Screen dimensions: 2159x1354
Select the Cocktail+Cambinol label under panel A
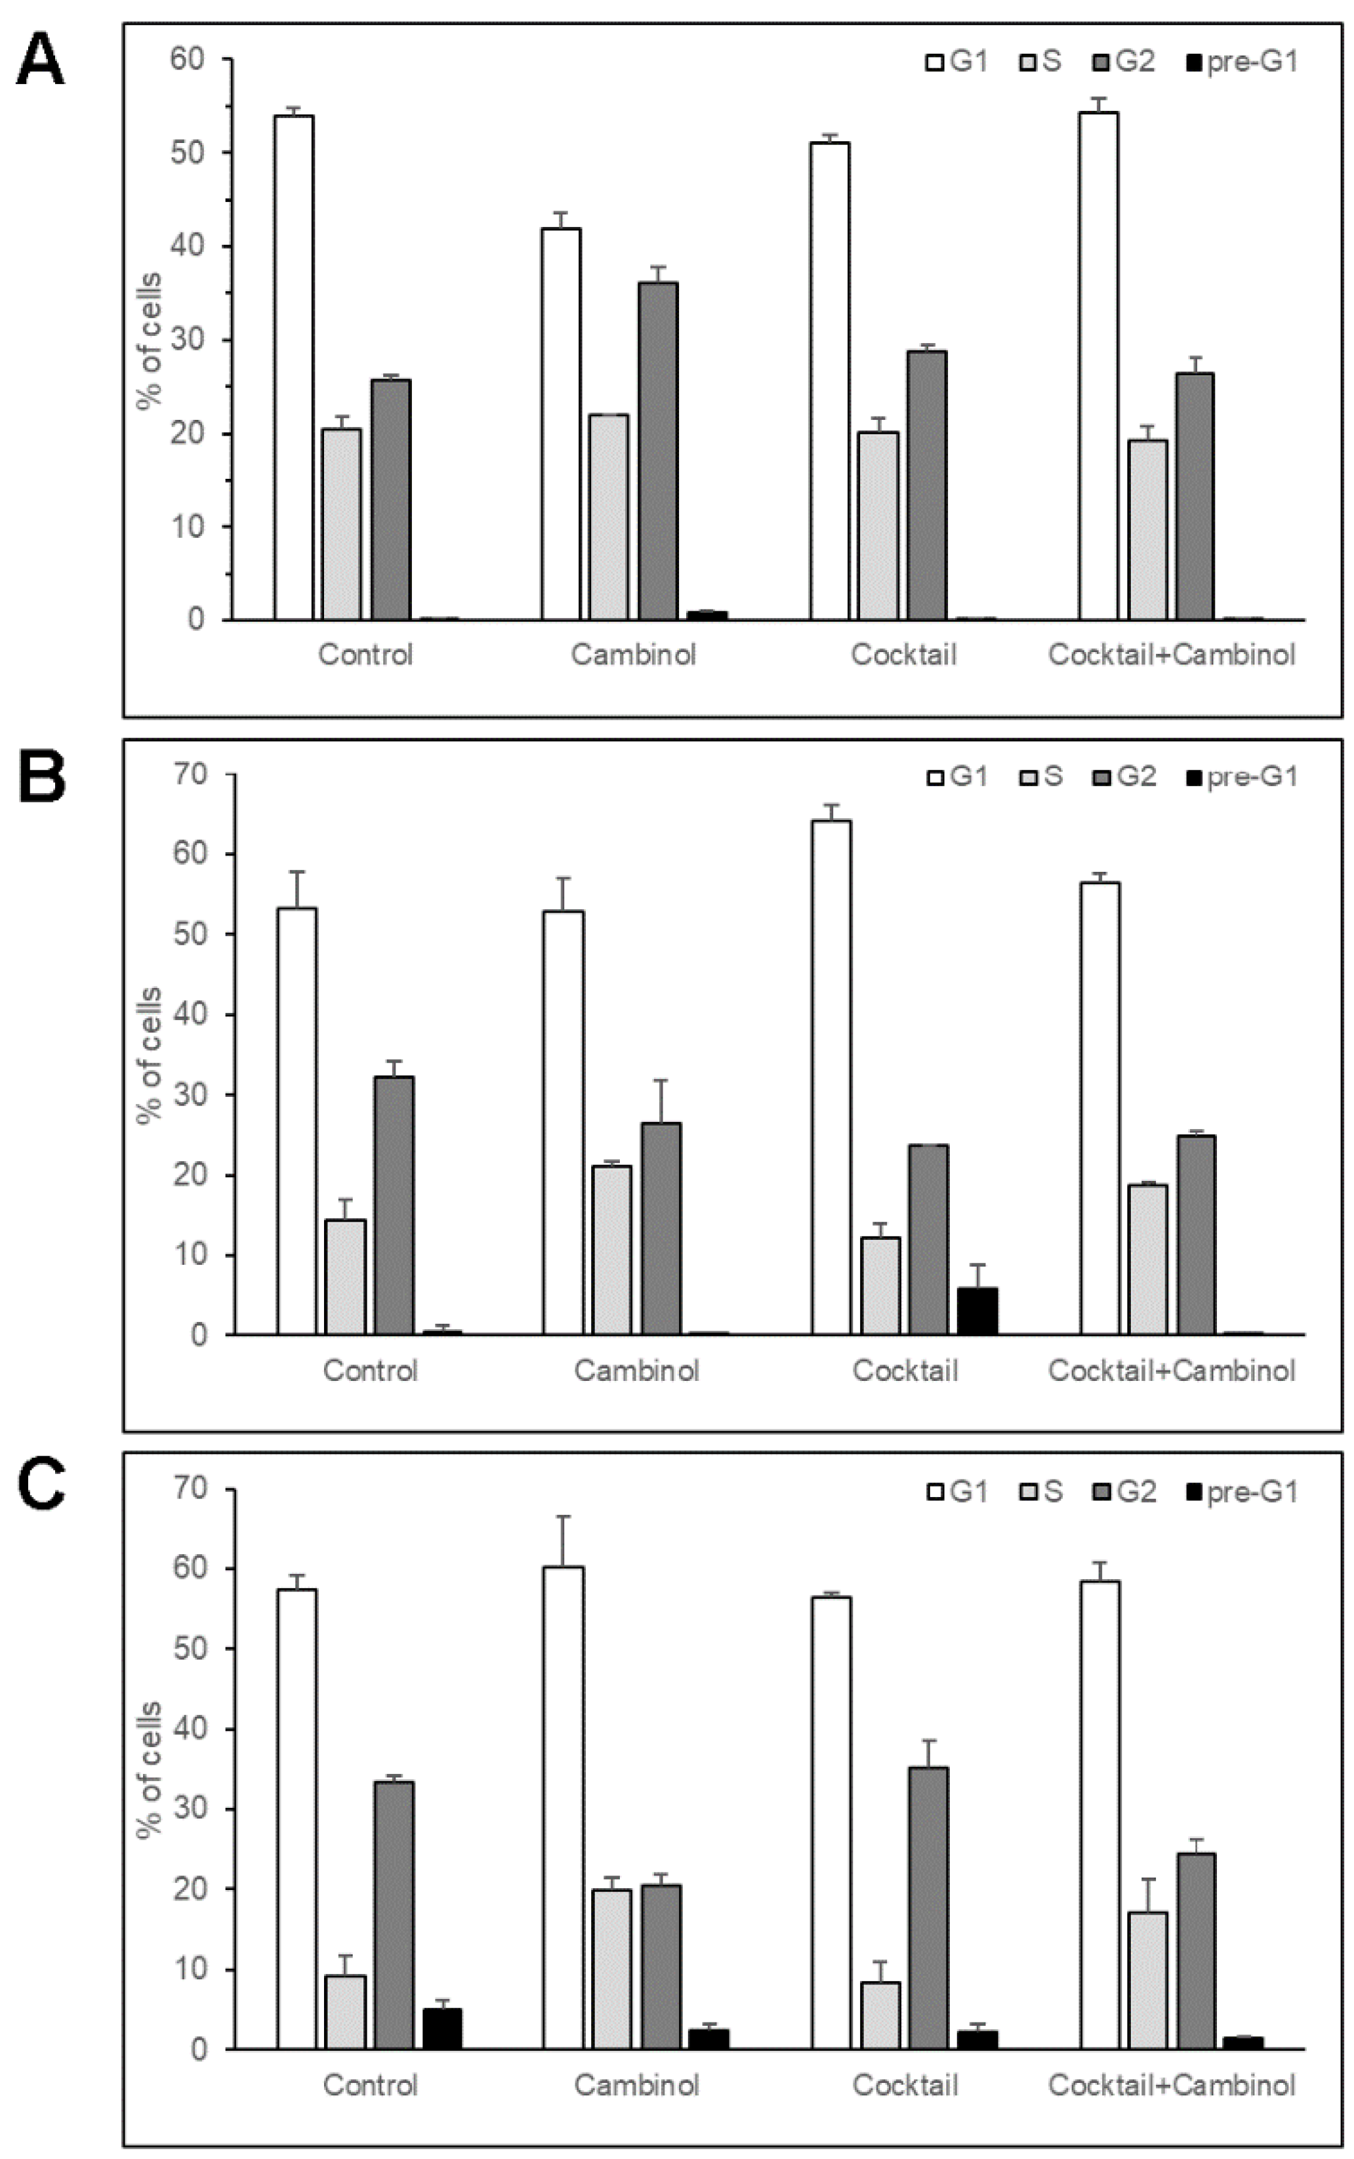point(1172,655)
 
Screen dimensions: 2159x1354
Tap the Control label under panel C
point(370,2086)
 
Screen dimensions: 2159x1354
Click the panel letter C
point(40,1490)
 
